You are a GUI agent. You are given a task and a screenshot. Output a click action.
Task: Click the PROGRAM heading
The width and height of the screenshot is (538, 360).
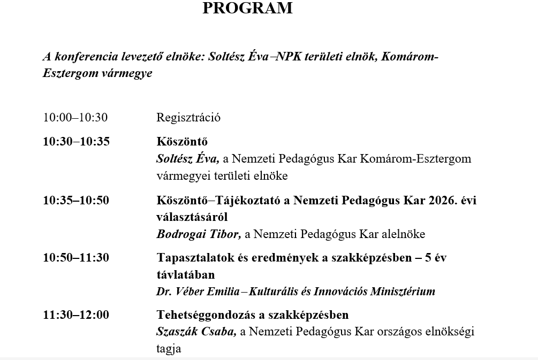[248, 9]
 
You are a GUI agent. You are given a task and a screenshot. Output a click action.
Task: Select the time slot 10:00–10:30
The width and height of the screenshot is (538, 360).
[75, 118]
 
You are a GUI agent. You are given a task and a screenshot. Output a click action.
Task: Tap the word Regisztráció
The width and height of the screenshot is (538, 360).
[188, 118]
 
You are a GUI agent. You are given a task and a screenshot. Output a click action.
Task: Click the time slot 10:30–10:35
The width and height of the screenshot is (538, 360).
[76, 142]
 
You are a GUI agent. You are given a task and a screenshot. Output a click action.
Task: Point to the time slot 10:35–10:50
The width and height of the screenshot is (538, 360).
[76, 201]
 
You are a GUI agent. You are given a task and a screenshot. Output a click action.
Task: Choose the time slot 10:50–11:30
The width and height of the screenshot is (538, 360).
[76, 258]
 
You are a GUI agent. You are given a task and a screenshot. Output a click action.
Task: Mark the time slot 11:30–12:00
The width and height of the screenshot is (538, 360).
[76, 315]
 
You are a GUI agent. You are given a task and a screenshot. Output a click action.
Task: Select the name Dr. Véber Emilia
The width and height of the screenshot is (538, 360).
[198, 292]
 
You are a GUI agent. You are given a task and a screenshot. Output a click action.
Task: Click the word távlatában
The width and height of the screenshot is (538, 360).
[185, 275]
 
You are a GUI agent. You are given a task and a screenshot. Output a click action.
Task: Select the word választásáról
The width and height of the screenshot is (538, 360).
[192, 218]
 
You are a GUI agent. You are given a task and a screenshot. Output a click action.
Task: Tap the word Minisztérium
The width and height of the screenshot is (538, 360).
[401, 292]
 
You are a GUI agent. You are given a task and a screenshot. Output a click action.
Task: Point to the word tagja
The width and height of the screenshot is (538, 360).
[169, 349]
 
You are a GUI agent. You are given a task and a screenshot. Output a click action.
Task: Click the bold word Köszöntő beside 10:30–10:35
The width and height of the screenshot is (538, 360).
[182, 142]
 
